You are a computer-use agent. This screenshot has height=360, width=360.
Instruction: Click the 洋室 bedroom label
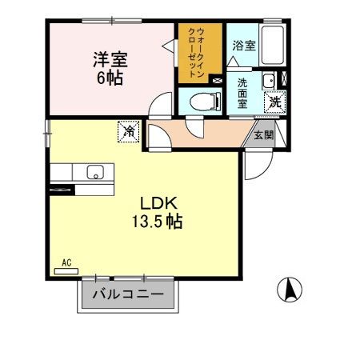click(111, 58)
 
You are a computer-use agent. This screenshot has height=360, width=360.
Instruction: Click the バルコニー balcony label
click(127, 295)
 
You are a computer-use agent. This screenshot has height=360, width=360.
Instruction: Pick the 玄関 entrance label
click(264, 134)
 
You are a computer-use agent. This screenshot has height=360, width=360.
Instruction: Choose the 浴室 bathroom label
click(244, 46)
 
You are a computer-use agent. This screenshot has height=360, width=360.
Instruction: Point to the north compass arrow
click(290, 289)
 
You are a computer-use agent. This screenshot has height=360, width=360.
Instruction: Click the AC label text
click(66, 261)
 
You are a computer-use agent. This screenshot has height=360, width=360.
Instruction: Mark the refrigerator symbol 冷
click(128, 131)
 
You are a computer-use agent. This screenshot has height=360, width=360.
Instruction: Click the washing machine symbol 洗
click(274, 102)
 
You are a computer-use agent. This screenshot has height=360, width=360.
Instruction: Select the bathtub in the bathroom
click(274, 46)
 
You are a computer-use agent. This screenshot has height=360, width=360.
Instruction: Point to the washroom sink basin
click(270, 80)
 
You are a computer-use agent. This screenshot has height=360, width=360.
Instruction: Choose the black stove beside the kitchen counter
click(62, 189)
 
